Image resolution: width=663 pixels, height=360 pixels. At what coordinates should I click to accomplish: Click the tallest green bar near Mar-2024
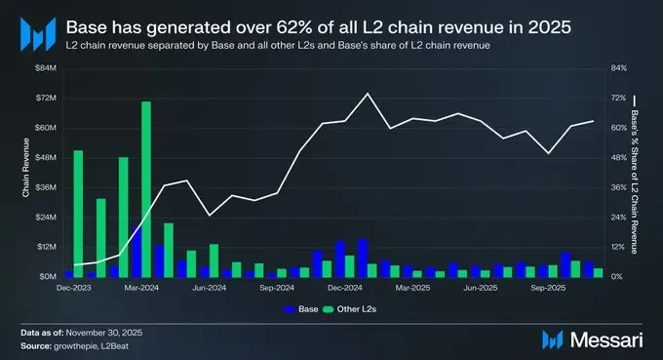point(146,189)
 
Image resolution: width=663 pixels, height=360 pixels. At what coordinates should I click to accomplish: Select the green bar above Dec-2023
point(78,214)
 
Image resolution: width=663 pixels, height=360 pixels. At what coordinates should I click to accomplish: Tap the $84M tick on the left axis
point(46,68)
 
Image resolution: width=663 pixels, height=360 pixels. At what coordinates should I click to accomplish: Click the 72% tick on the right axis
point(617,99)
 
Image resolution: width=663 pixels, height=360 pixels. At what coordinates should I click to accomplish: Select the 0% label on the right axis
point(615,277)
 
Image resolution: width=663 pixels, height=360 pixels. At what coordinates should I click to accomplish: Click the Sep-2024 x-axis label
point(278,289)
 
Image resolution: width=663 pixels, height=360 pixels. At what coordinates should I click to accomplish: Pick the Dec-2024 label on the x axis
point(345,289)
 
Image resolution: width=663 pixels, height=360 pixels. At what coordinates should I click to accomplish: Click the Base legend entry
point(301,308)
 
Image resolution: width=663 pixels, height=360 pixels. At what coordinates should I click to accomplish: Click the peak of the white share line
point(367,94)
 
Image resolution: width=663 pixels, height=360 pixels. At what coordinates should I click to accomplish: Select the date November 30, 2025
point(106,334)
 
